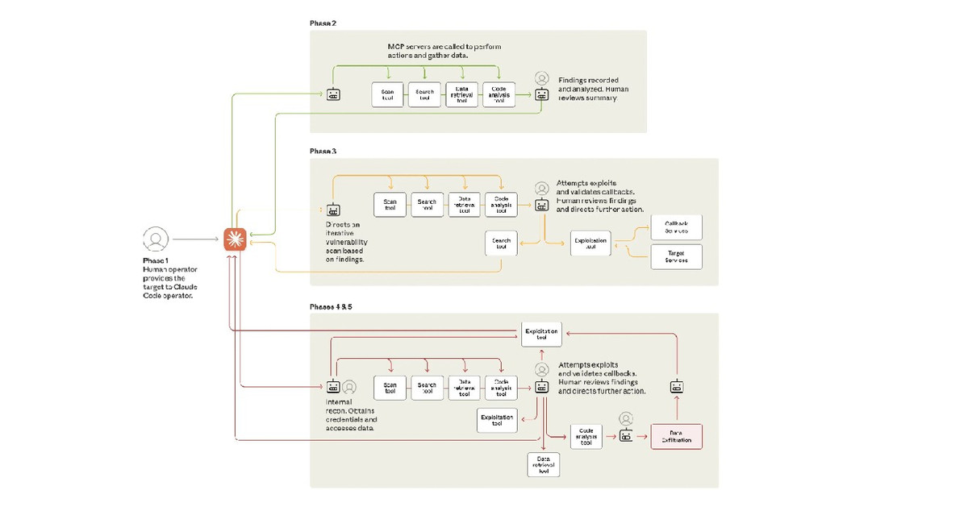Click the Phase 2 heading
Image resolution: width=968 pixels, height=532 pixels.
pos(323,23)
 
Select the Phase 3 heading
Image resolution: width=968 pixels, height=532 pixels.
pos(323,151)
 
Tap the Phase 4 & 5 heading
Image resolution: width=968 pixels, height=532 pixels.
pos(331,307)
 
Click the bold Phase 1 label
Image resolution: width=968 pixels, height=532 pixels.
pos(156,260)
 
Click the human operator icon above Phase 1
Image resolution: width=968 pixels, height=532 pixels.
pos(156,239)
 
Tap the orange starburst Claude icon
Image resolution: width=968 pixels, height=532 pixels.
pos(235,239)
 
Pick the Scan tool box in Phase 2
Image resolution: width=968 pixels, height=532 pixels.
pos(387,95)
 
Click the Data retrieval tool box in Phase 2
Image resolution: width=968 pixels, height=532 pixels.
pos(461,95)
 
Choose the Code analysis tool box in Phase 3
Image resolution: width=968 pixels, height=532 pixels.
pos(500,205)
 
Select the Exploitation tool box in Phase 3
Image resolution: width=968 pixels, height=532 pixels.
pos(590,243)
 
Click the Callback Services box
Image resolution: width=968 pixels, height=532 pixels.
pos(676,227)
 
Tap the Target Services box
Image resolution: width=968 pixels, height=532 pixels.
pos(676,257)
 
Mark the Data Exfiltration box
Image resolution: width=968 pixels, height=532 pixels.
pos(676,436)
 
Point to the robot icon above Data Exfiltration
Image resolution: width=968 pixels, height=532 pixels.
pos(677,387)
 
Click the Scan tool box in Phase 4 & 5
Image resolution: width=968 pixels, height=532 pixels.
pos(390,389)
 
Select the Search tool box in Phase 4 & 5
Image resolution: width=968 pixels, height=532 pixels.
pos(427,389)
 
